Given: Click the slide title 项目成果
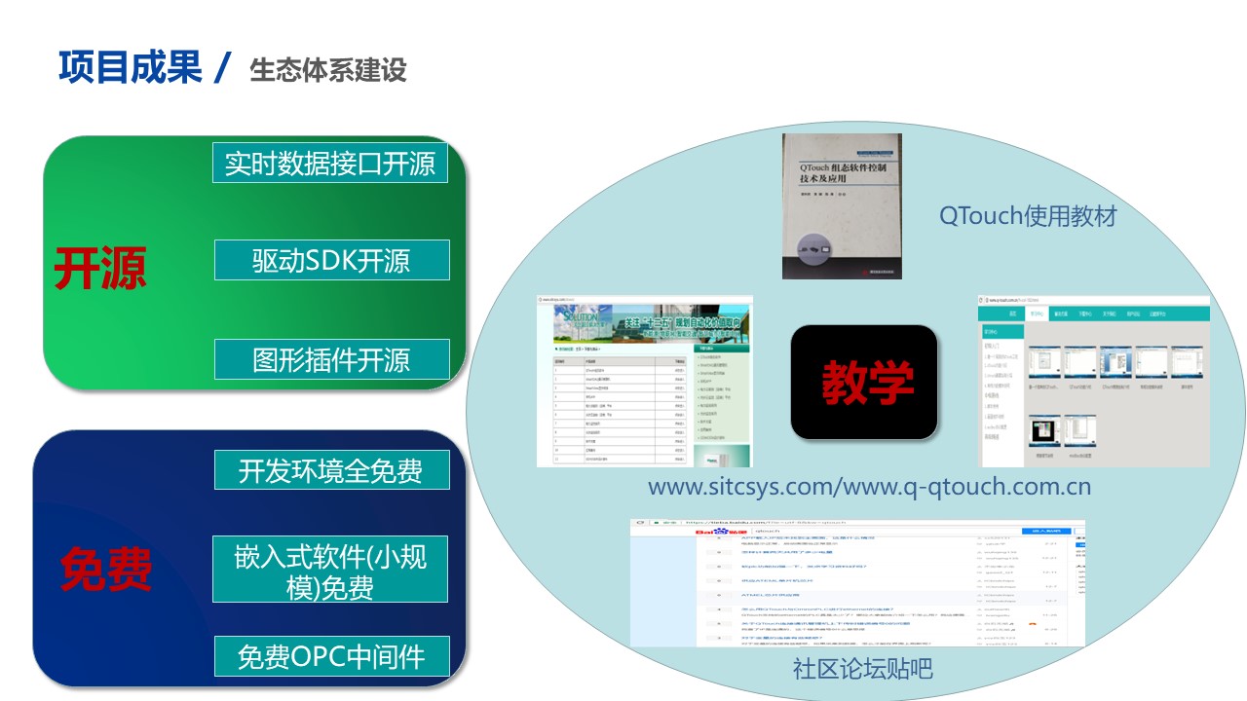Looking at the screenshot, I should coord(131,67).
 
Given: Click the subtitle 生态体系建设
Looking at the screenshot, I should coord(327,70).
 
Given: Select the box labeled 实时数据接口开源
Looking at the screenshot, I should coord(330,163).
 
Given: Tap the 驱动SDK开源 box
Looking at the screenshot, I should coord(331,260).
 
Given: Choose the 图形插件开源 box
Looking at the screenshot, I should coord(331,359).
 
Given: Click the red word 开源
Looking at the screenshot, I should coord(99,267).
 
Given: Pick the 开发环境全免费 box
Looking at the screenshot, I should coord(331,470).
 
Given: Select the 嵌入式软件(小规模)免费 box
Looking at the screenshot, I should coord(330,570).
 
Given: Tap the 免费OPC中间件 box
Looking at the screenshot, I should coord(331,655).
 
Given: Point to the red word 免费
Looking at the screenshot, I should coord(106,570).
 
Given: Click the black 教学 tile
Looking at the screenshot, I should coord(864,381).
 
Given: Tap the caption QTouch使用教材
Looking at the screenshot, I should coord(1028,215).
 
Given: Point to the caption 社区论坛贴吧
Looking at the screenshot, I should coord(862,669).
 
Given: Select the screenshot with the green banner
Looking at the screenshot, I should coord(644,381).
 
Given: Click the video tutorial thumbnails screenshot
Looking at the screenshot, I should coord(1092,381).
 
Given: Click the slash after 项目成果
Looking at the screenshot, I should coord(223,68).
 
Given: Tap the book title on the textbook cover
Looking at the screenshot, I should coord(842,172).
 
